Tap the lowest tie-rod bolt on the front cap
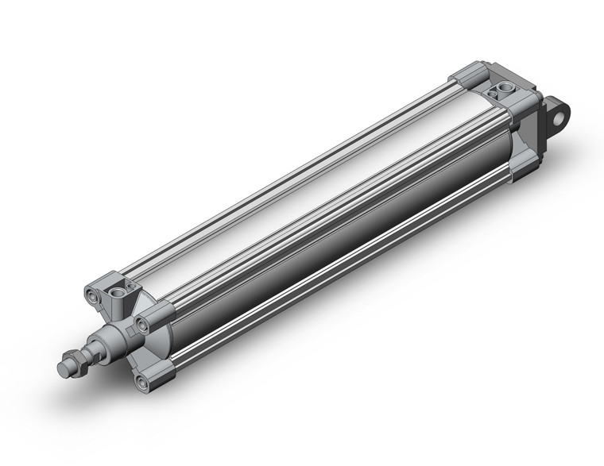(x=141, y=383)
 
